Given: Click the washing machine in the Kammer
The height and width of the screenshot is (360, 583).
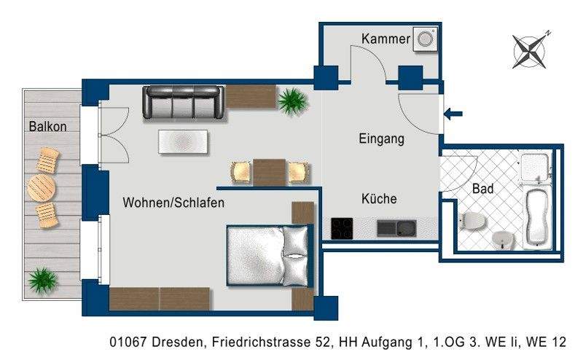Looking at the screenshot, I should pyautogui.click(x=424, y=40).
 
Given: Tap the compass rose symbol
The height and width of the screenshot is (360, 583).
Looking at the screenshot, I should pyautogui.click(x=531, y=50).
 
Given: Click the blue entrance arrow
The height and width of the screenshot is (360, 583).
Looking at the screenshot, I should pyautogui.click(x=453, y=113).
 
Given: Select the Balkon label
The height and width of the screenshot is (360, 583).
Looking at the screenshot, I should pyautogui.click(x=48, y=126).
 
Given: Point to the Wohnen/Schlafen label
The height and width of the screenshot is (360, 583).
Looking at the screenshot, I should pyautogui.click(x=173, y=203).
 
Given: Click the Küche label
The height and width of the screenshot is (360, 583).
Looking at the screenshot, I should pyautogui.click(x=379, y=198).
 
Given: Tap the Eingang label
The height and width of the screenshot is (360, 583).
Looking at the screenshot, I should pyautogui.click(x=381, y=138).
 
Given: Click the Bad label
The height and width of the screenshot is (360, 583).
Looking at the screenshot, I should pyautogui.click(x=482, y=189).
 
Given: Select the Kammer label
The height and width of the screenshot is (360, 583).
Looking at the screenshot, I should pyautogui.click(x=386, y=39).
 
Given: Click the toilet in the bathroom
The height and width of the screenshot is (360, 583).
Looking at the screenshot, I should pyautogui.click(x=471, y=219).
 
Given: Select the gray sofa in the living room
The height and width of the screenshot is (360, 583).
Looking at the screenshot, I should pyautogui.click(x=182, y=103).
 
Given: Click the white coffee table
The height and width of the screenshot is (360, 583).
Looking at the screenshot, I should pyautogui.click(x=184, y=141).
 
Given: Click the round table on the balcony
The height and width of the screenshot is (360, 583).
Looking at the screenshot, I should pyautogui.click(x=41, y=188).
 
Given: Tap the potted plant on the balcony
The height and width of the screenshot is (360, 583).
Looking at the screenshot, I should pyautogui.click(x=42, y=279).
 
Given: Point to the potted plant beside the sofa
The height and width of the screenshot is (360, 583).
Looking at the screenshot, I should pyautogui.click(x=292, y=100).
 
